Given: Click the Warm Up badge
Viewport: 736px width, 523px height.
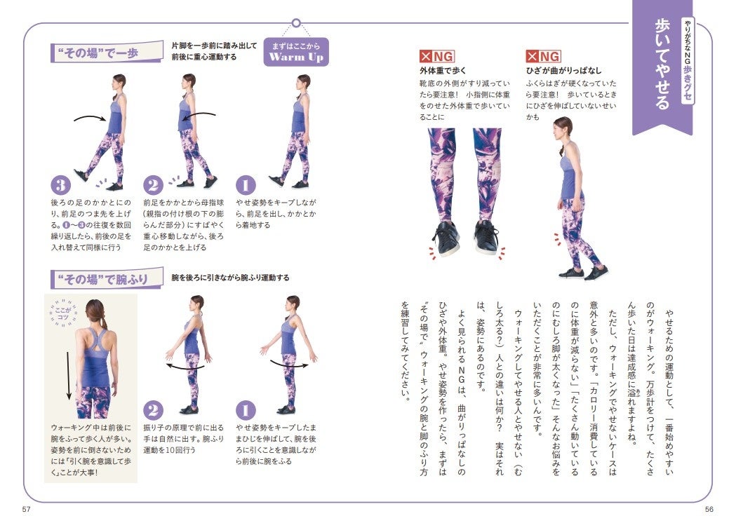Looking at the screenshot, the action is click(296, 52).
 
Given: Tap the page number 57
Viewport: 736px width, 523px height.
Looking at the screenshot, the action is click(26, 510).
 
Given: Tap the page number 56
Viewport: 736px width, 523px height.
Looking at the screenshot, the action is click(709, 510).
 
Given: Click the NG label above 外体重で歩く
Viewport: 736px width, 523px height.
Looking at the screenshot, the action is click(437, 57).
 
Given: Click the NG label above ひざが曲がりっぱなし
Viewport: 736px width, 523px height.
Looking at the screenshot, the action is click(544, 57).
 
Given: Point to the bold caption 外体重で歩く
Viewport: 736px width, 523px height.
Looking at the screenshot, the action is click(443, 71).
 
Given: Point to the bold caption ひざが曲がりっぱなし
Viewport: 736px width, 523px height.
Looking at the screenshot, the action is click(563, 71).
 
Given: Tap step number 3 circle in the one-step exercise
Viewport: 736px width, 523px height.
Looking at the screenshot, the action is click(60, 185).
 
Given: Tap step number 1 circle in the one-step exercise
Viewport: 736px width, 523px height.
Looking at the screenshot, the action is click(246, 185).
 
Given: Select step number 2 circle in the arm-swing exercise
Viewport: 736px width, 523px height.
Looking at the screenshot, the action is click(153, 410).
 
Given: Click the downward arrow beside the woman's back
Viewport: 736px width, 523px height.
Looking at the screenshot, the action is click(69, 375).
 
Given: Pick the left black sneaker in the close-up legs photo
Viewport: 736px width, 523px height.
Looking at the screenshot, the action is click(445, 238).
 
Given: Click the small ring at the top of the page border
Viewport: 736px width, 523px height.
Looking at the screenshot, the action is click(296, 22).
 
